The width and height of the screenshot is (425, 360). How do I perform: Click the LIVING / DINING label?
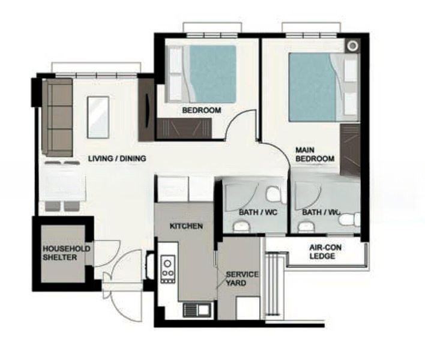(117, 159)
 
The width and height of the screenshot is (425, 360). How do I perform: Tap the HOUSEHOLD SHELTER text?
(66, 253)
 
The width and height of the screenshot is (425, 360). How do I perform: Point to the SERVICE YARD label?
(242, 278)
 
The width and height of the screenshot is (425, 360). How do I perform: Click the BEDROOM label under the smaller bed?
(202, 110)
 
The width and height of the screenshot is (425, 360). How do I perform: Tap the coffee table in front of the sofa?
(98, 116)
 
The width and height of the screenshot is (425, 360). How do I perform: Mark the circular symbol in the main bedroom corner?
(353, 46)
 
